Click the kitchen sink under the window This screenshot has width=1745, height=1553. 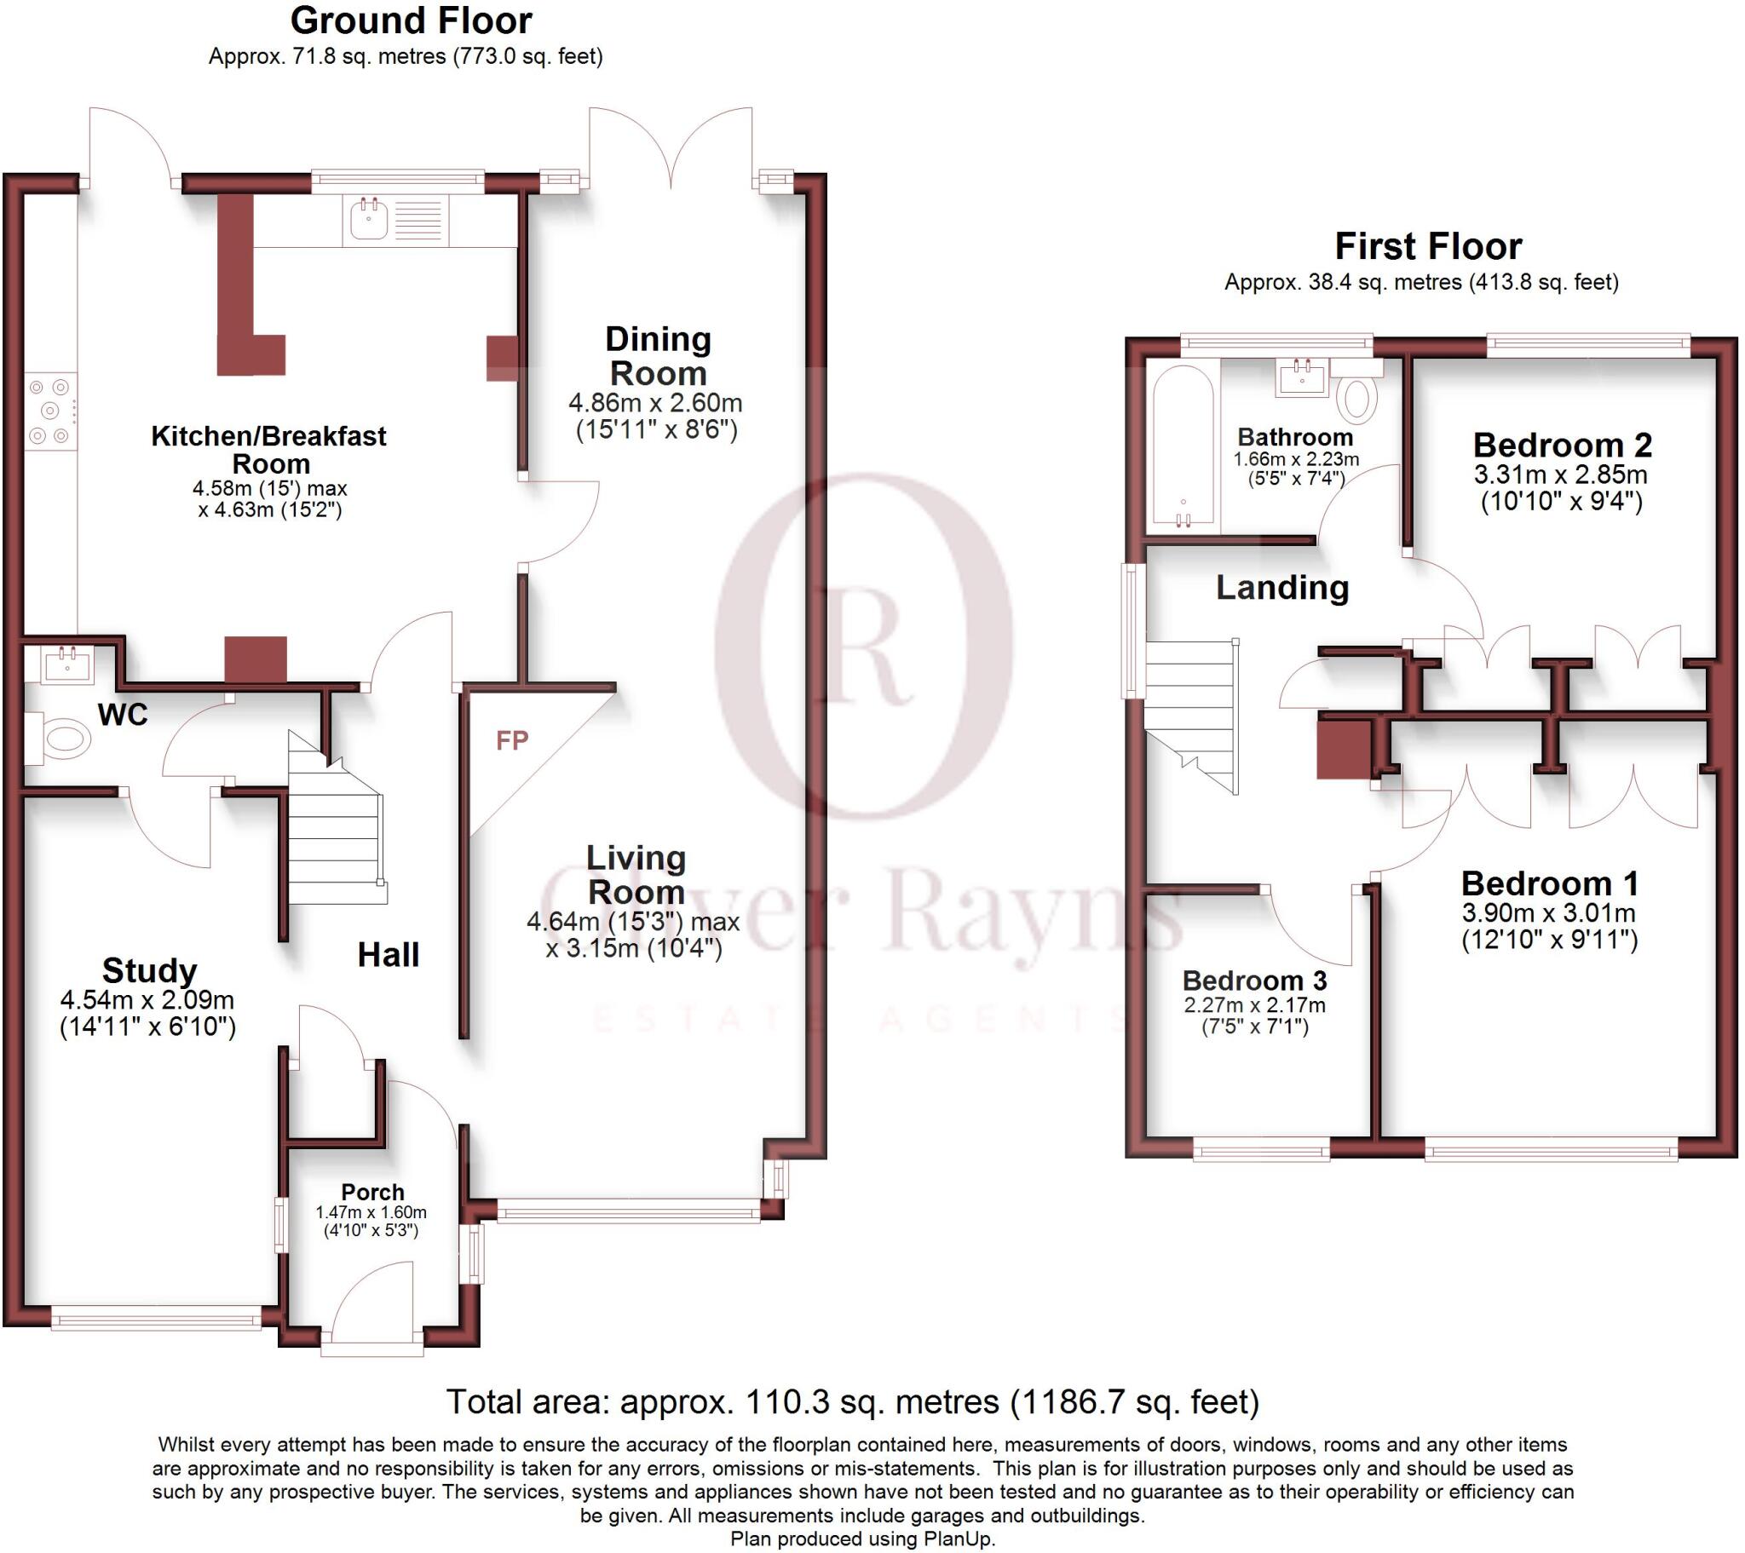click(370, 220)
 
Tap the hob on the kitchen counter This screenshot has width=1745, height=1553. click(49, 411)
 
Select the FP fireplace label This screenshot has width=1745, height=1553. click(512, 740)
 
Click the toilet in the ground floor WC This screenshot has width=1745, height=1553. click(61, 739)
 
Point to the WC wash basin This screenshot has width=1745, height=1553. click(68, 664)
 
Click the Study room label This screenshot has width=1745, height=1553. click(149, 971)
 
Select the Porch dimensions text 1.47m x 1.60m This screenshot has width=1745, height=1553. click(371, 1212)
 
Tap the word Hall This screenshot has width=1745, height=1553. click(389, 954)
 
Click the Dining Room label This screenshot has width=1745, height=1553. click(659, 356)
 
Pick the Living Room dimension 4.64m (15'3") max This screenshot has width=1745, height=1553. click(632, 921)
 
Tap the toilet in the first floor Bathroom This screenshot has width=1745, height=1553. click(1356, 397)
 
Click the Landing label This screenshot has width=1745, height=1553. click(1282, 588)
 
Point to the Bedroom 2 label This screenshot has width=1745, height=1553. click(1563, 445)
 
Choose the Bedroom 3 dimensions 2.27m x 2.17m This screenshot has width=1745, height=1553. click(1254, 1005)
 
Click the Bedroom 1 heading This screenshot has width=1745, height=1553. click(1550, 883)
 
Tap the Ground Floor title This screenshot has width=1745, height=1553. click(411, 20)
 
